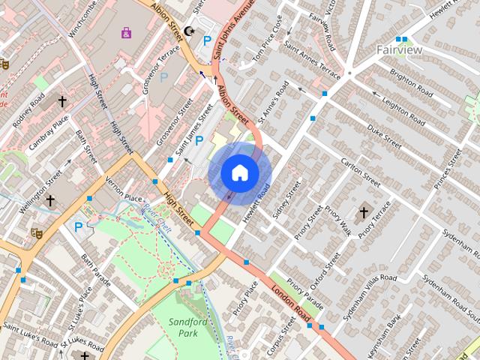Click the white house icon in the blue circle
click(239, 173)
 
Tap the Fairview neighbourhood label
click(399, 50)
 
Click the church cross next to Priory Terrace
click(364, 213)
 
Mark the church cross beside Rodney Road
click(62, 100)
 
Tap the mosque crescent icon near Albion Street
click(190, 31)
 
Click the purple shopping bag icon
click(126, 32)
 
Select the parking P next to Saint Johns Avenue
click(207, 42)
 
